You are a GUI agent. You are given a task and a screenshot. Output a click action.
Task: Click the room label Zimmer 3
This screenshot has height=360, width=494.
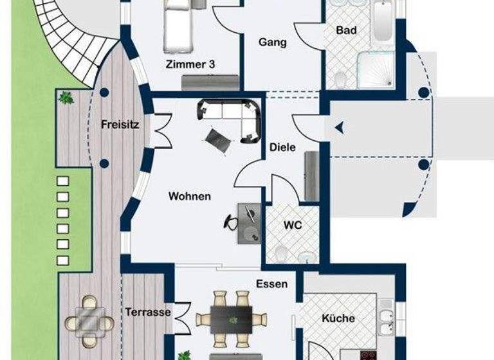(x=190, y=64)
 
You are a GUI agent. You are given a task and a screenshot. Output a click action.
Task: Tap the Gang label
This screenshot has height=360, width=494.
(x=272, y=42)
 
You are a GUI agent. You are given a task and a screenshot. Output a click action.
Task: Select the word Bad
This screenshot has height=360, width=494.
(x=346, y=30)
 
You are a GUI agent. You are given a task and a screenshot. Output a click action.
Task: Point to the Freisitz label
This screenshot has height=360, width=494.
(x=120, y=125)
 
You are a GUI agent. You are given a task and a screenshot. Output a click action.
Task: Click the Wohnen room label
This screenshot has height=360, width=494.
(x=189, y=196)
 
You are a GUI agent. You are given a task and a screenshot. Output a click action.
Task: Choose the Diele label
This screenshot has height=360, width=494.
(x=282, y=147)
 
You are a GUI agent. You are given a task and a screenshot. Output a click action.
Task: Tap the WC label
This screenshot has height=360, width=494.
(x=293, y=226)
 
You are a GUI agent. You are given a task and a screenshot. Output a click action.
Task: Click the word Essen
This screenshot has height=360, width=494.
(x=271, y=283)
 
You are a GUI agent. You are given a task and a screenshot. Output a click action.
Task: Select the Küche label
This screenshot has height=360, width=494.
(x=338, y=318)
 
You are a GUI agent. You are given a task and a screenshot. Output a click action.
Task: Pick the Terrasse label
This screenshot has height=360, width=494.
(x=148, y=312)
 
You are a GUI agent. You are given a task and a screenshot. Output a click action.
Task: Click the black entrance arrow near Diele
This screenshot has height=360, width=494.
(x=340, y=129)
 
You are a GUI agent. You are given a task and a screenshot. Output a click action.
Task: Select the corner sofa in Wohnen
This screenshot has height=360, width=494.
(x=235, y=116)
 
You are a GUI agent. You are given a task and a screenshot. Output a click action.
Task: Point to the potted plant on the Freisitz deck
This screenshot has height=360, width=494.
(x=65, y=98)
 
